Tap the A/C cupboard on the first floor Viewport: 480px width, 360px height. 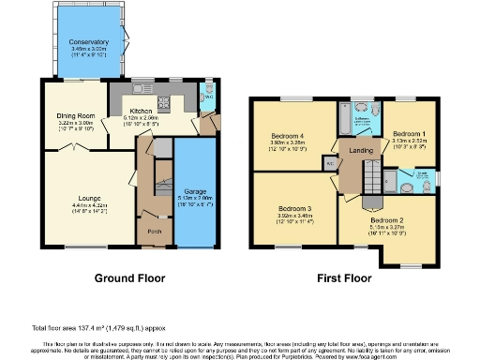click(x=330, y=161)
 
